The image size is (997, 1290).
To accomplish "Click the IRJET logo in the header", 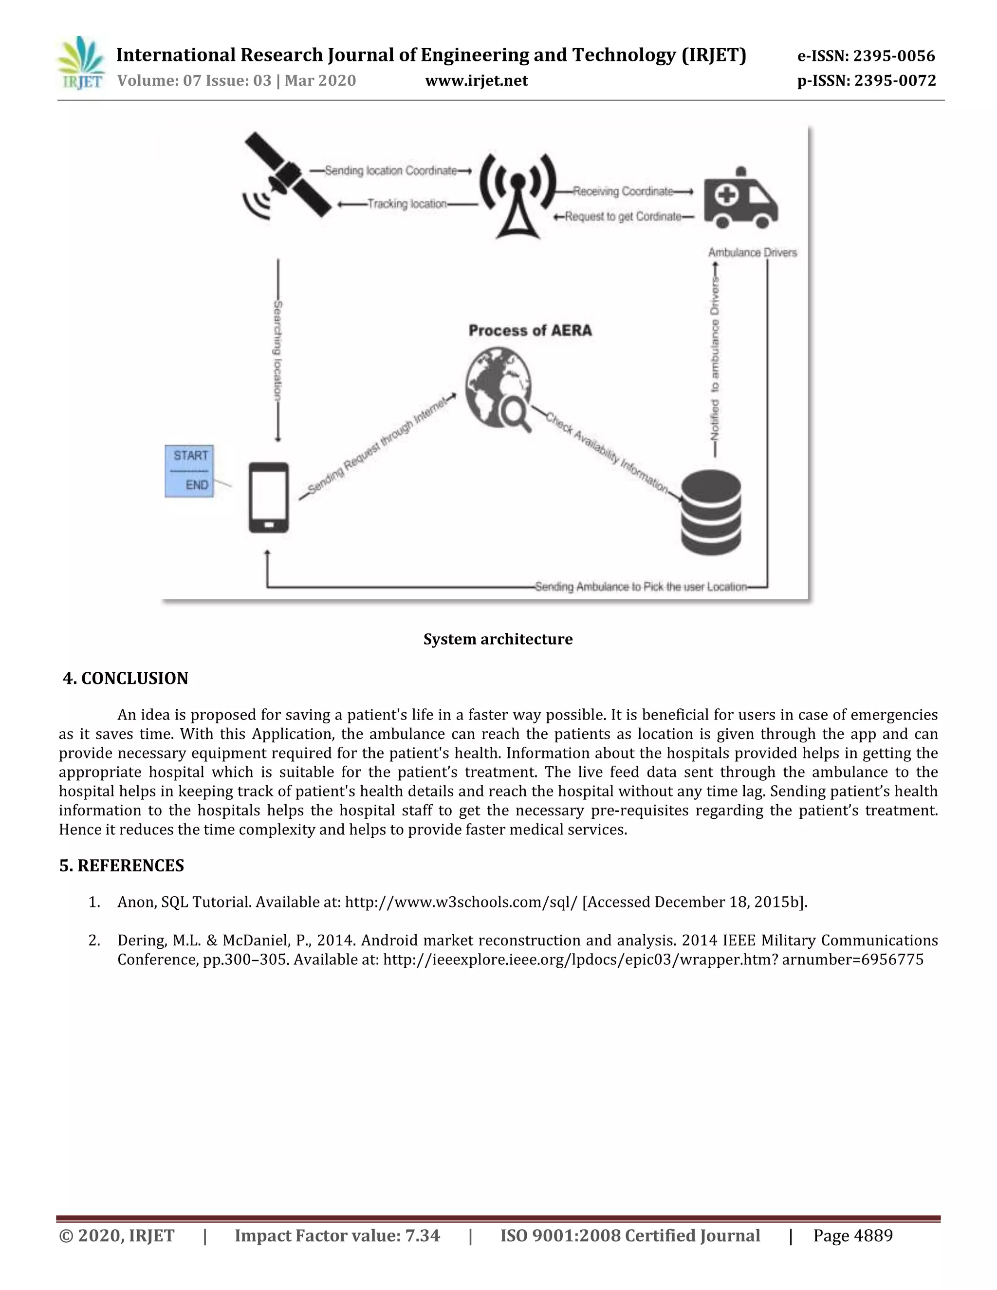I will tap(81, 63).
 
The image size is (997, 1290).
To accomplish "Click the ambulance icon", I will tap(740, 199).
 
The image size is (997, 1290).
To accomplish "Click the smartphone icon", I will tap(269, 498).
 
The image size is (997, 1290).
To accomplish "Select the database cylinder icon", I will tap(711, 512).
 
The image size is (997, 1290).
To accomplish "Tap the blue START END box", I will tap(189, 471).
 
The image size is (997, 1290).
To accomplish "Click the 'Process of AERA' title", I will tap(530, 331).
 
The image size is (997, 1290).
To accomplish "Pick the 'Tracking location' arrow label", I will tap(407, 204).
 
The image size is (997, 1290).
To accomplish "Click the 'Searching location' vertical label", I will tap(277, 351).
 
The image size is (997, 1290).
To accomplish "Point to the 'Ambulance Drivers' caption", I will tap(753, 253).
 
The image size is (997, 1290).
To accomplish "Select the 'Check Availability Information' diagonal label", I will tap(606, 452).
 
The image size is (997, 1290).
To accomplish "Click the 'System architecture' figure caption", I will tap(498, 639).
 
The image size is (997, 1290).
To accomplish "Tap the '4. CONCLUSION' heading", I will tap(125, 678).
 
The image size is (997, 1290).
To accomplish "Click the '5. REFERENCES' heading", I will tap(122, 866).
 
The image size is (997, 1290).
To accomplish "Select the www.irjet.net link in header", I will tap(476, 81).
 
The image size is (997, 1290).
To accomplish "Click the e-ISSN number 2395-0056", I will tap(894, 56).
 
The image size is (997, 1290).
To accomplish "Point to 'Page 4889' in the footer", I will tap(852, 1235).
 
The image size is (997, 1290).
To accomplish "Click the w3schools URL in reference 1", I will tap(461, 902).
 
